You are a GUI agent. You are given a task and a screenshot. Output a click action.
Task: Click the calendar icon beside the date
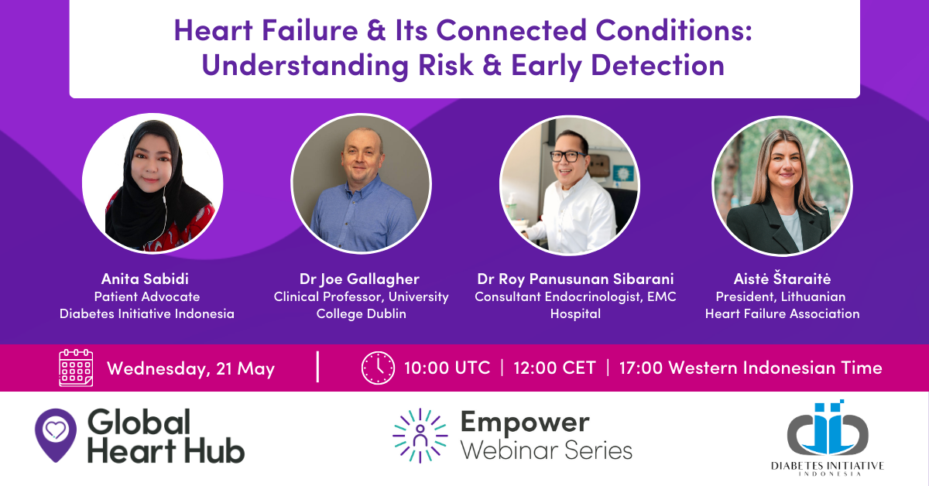76,368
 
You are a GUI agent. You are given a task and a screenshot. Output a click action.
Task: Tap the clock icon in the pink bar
378,368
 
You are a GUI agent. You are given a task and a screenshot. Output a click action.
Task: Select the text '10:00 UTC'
447,368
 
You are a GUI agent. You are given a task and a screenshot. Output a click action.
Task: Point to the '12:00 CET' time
554,368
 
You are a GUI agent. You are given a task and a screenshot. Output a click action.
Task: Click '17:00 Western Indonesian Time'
751,368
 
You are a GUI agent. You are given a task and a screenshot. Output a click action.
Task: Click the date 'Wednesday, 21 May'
190,368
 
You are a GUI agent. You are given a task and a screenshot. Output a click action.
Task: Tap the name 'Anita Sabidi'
146,279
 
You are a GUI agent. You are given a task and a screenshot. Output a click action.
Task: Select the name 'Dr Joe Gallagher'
359,279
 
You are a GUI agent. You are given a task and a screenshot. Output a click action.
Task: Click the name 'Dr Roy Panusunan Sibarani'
575,279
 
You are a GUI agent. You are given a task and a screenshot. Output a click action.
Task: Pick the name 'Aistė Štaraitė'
782,279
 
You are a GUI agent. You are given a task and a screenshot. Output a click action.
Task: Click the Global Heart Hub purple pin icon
56,435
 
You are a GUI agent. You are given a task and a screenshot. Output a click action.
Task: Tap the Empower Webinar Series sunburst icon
420,436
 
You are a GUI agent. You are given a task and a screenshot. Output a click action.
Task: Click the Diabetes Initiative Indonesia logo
828,438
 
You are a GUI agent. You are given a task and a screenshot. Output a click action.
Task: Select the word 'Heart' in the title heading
214,30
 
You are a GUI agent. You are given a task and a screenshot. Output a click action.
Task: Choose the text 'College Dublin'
362,314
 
